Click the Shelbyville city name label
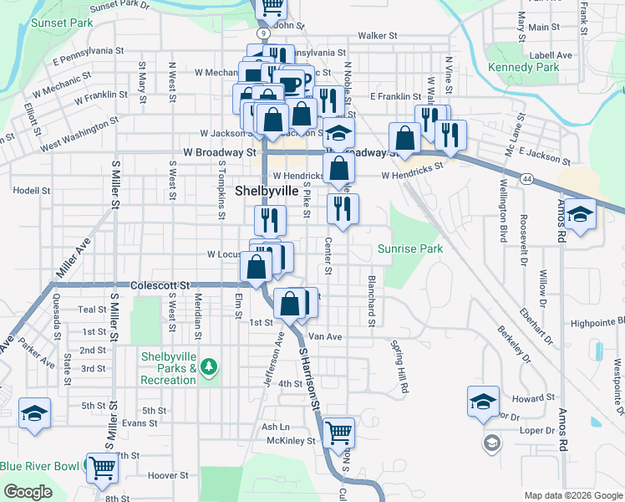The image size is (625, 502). click(x=266, y=191)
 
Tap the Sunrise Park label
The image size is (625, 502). click(x=409, y=248)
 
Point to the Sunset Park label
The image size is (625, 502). click(x=62, y=23)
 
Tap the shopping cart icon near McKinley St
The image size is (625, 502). click(x=338, y=432)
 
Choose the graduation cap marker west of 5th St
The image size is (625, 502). click(x=34, y=412)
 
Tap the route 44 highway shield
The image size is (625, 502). click(x=527, y=178)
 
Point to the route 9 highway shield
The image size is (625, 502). click(x=262, y=33)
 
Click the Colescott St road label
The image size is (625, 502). click(x=161, y=285)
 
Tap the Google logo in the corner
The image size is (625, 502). click(x=28, y=492)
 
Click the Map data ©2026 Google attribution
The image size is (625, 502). click(x=573, y=495)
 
